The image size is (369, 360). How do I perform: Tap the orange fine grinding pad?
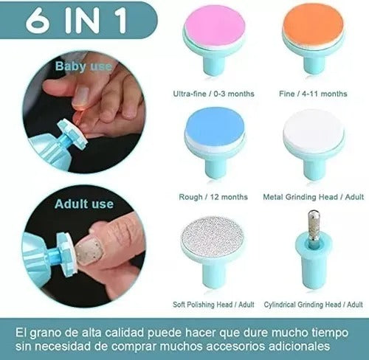tap(314, 32)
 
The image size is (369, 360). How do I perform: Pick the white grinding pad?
tap(314, 132)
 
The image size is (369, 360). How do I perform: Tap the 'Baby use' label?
tap(83, 66)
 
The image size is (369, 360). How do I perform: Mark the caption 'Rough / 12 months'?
tap(213, 198)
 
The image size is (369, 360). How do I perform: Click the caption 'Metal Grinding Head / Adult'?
tap(314, 198)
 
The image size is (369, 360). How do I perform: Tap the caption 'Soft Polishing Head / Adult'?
tap(213, 304)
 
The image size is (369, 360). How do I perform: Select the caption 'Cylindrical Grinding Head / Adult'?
tap(314, 304)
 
